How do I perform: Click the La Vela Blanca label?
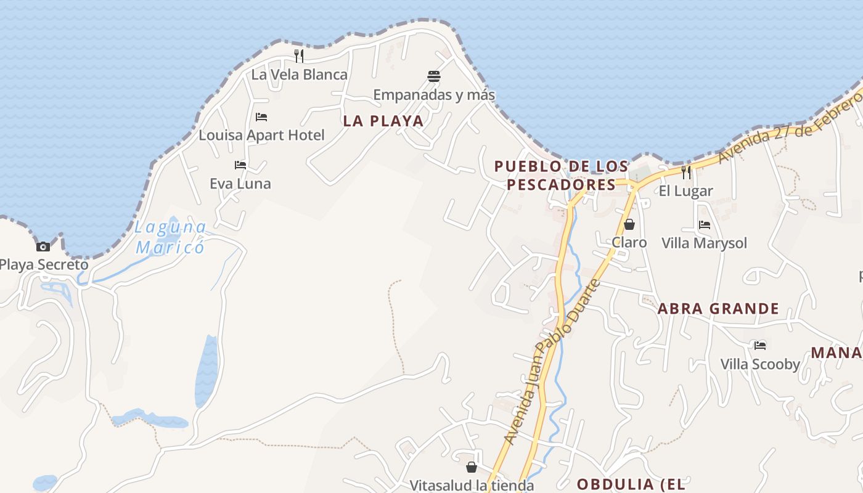tap(300, 75)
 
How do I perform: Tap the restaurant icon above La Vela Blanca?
tap(299, 56)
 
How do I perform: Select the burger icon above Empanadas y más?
tap(434, 76)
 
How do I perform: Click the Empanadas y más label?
tap(434, 95)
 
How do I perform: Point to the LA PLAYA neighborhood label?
tap(383, 121)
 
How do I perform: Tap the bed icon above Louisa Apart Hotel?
tap(261, 116)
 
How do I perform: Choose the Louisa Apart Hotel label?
tap(261, 135)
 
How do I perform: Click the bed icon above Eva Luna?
tap(240, 165)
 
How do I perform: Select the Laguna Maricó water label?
tap(171, 237)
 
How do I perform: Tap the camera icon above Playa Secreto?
tap(43, 246)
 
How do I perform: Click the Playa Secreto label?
tap(44, 265)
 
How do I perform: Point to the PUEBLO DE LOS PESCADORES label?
tap(561, 175)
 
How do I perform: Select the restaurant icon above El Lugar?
tap(686, 173)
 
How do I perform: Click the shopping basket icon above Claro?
tap(629, 224)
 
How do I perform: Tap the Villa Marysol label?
tap(704, 243)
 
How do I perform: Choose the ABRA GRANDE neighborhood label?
tap(718, 308)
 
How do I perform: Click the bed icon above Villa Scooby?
tap(760, 346)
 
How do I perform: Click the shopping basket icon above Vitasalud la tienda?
tap(472, 467)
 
